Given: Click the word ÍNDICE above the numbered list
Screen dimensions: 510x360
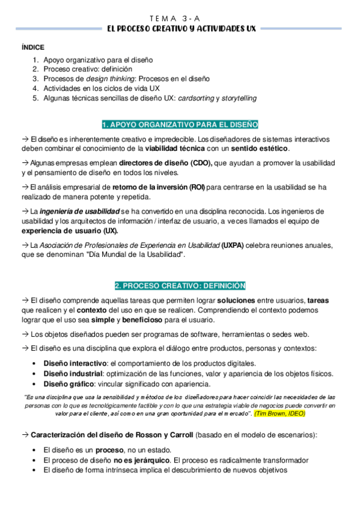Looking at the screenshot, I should click(32, 47).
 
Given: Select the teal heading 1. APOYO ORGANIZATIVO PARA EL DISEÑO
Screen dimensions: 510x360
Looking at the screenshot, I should click(180, 124).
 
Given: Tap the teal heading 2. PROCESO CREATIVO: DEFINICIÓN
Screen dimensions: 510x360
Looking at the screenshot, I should click(180, 285).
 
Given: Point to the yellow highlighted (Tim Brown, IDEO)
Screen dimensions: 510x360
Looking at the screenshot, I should click(279, 414).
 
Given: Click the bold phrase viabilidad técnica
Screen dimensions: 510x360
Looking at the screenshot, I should click(173, 149).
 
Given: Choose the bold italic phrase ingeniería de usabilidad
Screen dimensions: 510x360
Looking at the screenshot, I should click(80, 212).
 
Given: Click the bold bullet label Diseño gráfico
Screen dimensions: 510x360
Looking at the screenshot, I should click(69, 384).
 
